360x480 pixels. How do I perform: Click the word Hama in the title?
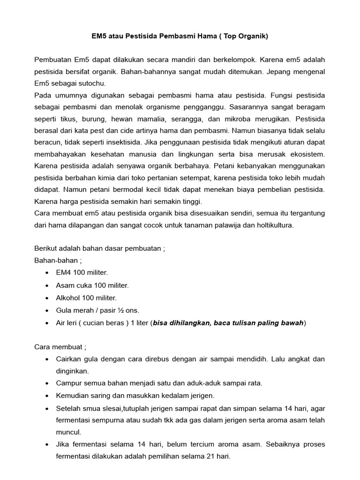(205, 36)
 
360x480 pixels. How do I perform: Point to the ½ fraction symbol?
(120, 310)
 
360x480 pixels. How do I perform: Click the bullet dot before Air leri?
(46, 323)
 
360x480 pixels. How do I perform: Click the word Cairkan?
(69, 359)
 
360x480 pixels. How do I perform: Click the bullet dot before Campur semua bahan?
(46, 383)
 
